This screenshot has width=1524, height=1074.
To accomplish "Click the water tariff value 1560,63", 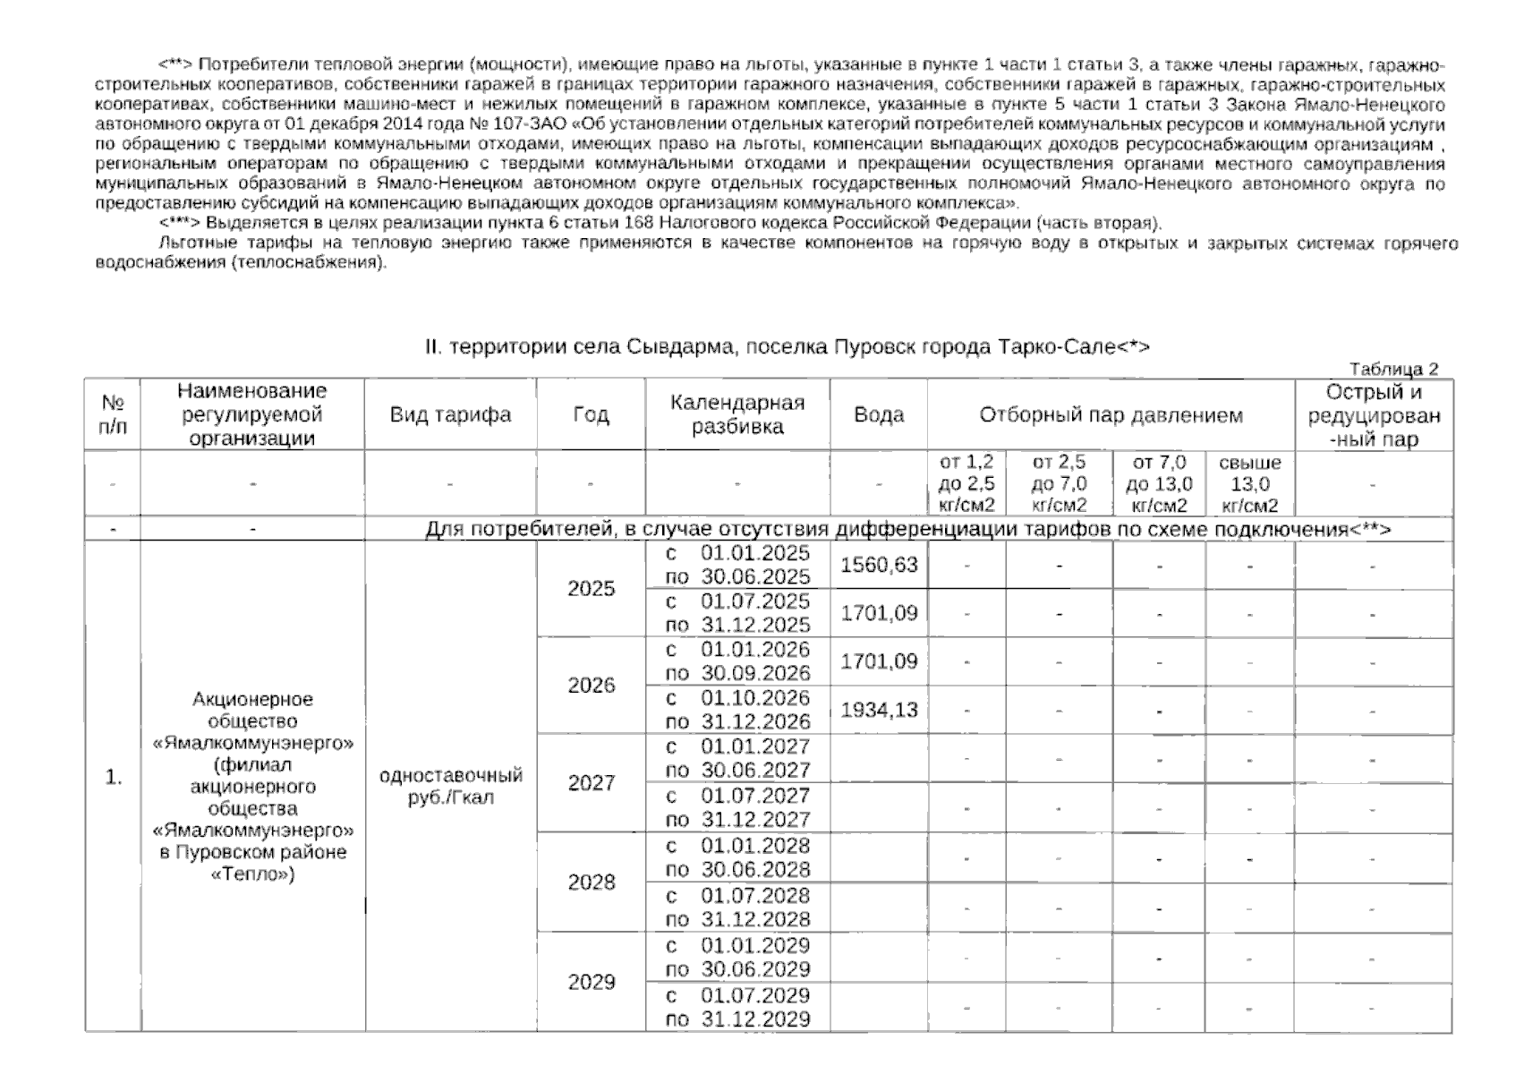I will (878, 566).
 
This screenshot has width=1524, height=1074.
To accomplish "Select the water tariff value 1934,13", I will (878, 711).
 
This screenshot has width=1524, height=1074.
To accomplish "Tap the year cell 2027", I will (591, 783).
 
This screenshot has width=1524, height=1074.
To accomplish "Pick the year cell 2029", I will (591, 983).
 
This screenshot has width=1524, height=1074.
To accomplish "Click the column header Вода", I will (878, 415).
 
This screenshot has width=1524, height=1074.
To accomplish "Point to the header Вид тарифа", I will (450, 415).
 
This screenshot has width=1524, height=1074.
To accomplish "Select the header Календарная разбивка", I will (737, 415).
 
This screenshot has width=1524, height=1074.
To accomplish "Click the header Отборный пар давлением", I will (1111, 415).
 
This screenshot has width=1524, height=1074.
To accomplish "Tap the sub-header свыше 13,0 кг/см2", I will (1249, 484).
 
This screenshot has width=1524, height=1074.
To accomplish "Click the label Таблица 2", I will (1392, 370).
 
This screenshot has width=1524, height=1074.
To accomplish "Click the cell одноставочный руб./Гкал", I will (450, 786).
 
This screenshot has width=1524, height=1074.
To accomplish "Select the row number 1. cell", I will (113, 778).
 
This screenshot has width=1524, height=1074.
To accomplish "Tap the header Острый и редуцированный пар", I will (1374, 415).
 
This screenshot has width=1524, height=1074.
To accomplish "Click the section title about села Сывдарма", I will (787, 347).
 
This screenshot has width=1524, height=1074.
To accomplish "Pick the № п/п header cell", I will (113, 415).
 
